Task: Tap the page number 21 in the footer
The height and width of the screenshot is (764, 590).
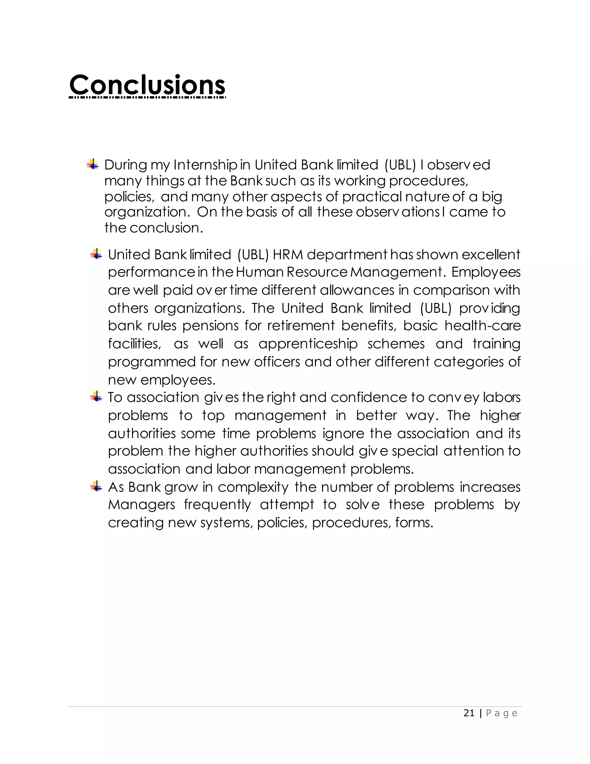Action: [x=469, y=713]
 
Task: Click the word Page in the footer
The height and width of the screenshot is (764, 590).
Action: [x=501, y=713]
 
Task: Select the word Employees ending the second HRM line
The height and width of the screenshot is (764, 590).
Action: [x=486, y=272]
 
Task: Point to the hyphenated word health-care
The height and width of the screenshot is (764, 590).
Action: [x=482, y=326]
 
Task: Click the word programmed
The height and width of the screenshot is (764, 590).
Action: [x=152, y=362]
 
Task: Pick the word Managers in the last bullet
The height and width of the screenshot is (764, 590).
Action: [x=141, y=505]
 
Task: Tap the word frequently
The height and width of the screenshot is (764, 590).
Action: [x=218, y=505]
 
